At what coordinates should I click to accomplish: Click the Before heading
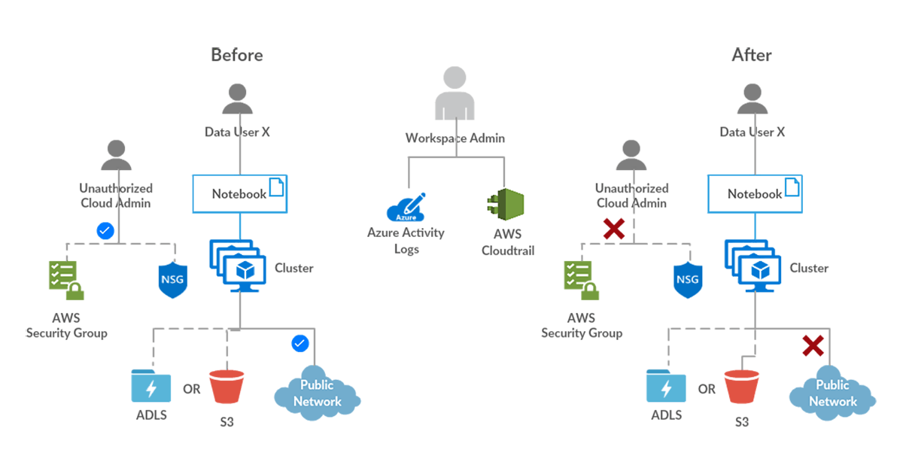point(236,55)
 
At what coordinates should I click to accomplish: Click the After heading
point(751,55)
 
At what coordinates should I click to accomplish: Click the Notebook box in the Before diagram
point(239,193)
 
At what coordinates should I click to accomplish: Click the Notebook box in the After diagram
point(755,193)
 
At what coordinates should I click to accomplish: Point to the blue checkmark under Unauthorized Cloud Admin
point(106,231)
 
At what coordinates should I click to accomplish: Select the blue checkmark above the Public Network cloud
point(299,344)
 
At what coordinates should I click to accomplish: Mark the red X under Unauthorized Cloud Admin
point(614,229)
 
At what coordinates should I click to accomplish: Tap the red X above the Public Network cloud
point(813,345)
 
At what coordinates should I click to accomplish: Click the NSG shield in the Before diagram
point(173,280)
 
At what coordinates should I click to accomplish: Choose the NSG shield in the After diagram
point(688,280)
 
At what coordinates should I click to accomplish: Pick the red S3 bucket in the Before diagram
point(227,387)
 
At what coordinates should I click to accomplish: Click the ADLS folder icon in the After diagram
point(666,387)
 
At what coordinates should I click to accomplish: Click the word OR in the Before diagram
point(192,390)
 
